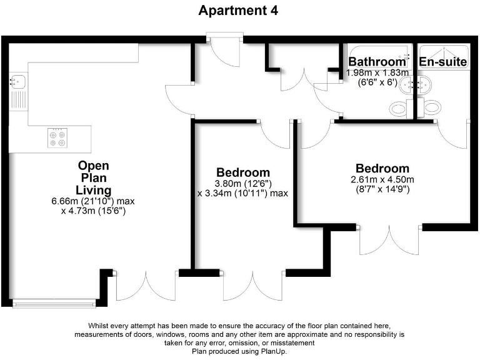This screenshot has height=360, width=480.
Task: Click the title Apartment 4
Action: [238, 11]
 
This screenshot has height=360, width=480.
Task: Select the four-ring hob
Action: [57, 137]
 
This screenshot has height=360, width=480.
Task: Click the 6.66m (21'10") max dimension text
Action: [93, 201]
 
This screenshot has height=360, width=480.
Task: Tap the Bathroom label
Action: [377, 62]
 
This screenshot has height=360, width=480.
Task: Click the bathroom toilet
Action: [398, 107]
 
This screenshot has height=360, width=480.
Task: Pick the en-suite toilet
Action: [432, 107]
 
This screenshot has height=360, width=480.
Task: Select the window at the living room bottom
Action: [54, 304]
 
